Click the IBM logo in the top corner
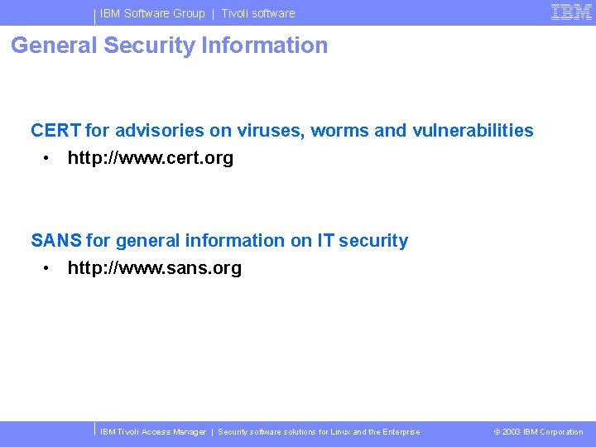(571, 12)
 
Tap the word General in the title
(54, 46)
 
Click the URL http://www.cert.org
(151, 158)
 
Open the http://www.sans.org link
(155, 268)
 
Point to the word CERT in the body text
(55, 131)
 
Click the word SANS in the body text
(56, 241)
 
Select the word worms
(339, 131)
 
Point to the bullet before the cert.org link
(50, 158)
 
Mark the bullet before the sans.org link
(50, 268)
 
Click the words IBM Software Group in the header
(152, 13)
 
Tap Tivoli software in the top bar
(258, 13)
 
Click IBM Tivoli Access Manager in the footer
(153, 432)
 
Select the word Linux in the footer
(340, 432)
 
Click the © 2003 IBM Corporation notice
(538, 432)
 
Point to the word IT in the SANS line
(325, 241)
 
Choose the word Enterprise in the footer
(401, 432)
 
